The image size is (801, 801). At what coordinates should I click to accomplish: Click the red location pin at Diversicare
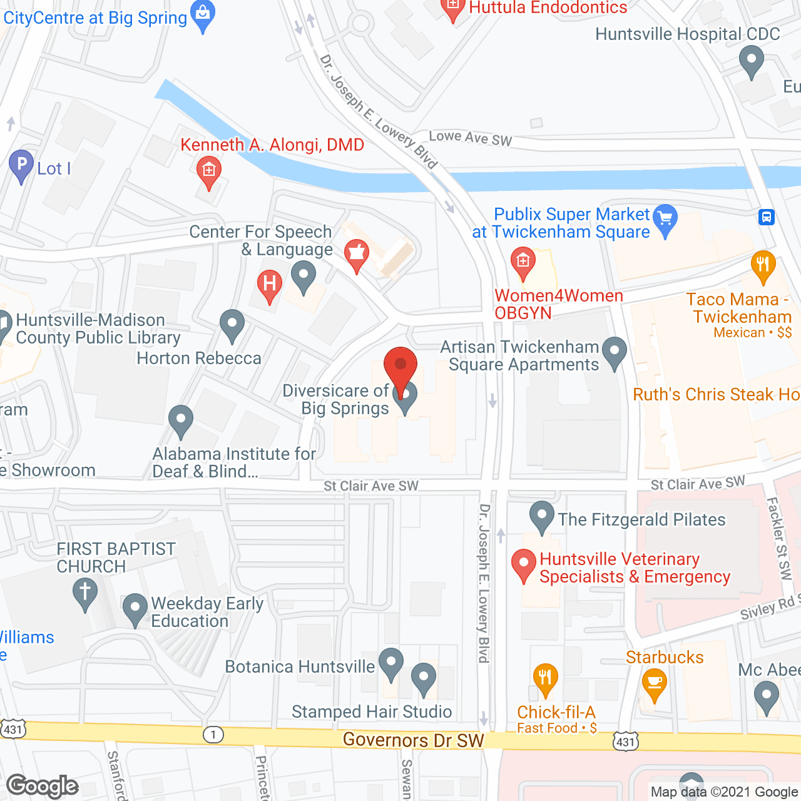click(x=400, y=366)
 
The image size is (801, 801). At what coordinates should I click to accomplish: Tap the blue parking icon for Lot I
click(x=21, y=166)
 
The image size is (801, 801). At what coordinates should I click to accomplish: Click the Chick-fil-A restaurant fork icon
click(x=545, y=678)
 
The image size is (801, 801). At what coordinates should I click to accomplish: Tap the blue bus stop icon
click(x=767, y=217)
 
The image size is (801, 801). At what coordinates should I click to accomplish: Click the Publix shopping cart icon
click(x=665, y=219)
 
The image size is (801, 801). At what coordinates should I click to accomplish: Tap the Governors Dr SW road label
click(x=413, y=740)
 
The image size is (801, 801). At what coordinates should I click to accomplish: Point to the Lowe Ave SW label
click(x=470, y=138)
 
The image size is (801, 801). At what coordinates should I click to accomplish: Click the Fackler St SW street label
click(x=779, y=538)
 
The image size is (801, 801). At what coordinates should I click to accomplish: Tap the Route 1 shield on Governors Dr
click(x=213, y=734)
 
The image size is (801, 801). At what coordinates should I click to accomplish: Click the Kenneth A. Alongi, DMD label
click(x=272, y=145)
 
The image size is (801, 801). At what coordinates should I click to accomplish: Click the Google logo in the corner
click(x=43, y=786)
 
